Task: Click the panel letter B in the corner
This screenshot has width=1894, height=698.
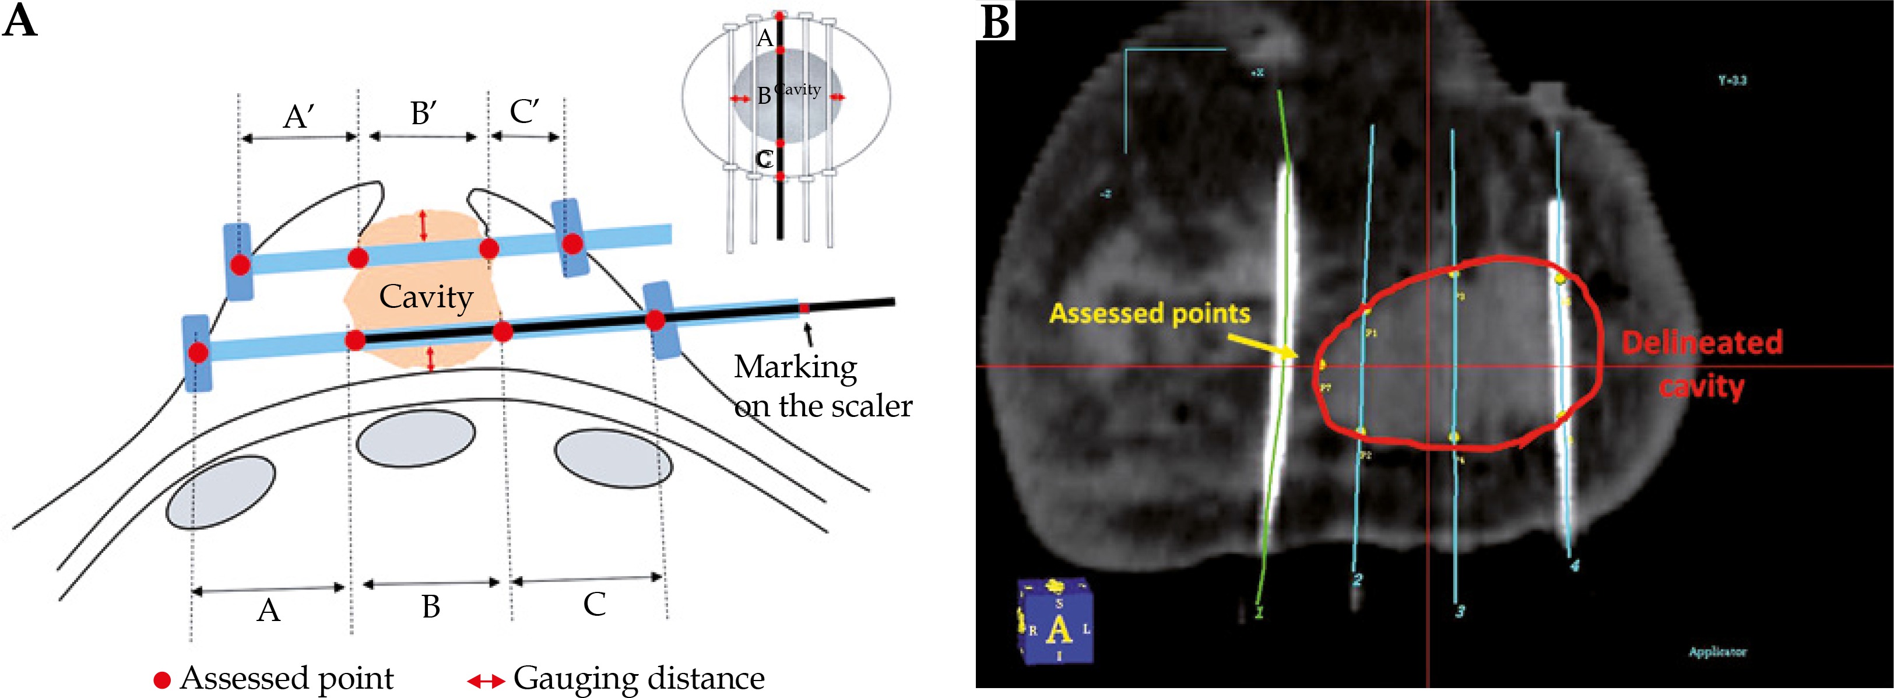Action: click(996, 22)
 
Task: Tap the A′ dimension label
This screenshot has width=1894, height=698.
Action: click(299, 116)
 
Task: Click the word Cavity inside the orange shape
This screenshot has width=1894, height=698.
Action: click(426, 298)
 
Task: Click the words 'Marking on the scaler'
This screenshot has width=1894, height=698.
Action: click(822, 386)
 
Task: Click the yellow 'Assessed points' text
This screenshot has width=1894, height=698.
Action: click(1149, 313)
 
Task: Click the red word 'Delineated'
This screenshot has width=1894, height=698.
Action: click(1702, 343)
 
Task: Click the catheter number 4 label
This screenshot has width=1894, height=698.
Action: click(1574, 565)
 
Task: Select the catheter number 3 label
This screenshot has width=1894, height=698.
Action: click(1460, 611)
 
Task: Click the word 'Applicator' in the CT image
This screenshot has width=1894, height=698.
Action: click(1717, 652)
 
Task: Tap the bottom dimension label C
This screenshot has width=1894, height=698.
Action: click(594, 605)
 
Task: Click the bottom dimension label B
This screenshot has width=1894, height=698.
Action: click(431, 608)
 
